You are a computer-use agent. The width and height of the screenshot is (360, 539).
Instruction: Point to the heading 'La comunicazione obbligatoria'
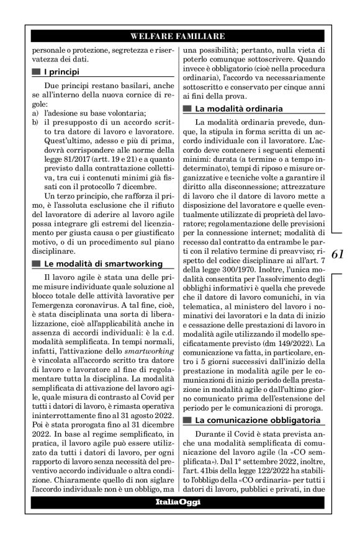coord(256,421)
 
